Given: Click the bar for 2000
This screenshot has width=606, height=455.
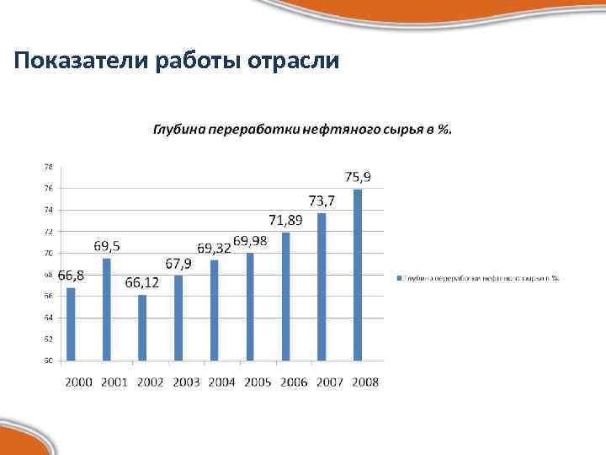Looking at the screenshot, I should pos(71,324).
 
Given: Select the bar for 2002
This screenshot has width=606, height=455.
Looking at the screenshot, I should pos(142,328).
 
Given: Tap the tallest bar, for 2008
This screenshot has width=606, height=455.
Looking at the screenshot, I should pos(358,275).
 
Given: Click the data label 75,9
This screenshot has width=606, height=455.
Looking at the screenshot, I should pos(358,177).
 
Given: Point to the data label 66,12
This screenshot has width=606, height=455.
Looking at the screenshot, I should pos(142,282).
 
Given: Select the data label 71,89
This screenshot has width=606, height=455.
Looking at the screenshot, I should pos(286,220).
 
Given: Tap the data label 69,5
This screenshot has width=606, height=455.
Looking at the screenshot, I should pos(106,246).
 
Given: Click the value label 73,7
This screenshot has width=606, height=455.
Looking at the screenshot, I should pos(322,201).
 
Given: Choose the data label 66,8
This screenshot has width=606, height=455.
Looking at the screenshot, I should pos(71,276).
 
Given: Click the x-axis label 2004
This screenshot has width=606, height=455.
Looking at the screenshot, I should pos(221,383).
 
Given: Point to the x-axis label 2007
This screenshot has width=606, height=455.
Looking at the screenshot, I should pos(329,383).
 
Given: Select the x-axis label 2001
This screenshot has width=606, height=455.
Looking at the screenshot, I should pos(114,383).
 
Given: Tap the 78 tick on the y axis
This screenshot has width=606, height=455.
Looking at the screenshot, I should pos(48,166).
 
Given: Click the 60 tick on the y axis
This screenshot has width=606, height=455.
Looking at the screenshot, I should pos(48,361).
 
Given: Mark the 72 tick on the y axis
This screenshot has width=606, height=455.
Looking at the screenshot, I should pos(48,231).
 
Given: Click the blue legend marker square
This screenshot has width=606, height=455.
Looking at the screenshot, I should pos(396,276).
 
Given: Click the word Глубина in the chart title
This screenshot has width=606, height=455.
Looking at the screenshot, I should pos(178,129).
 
